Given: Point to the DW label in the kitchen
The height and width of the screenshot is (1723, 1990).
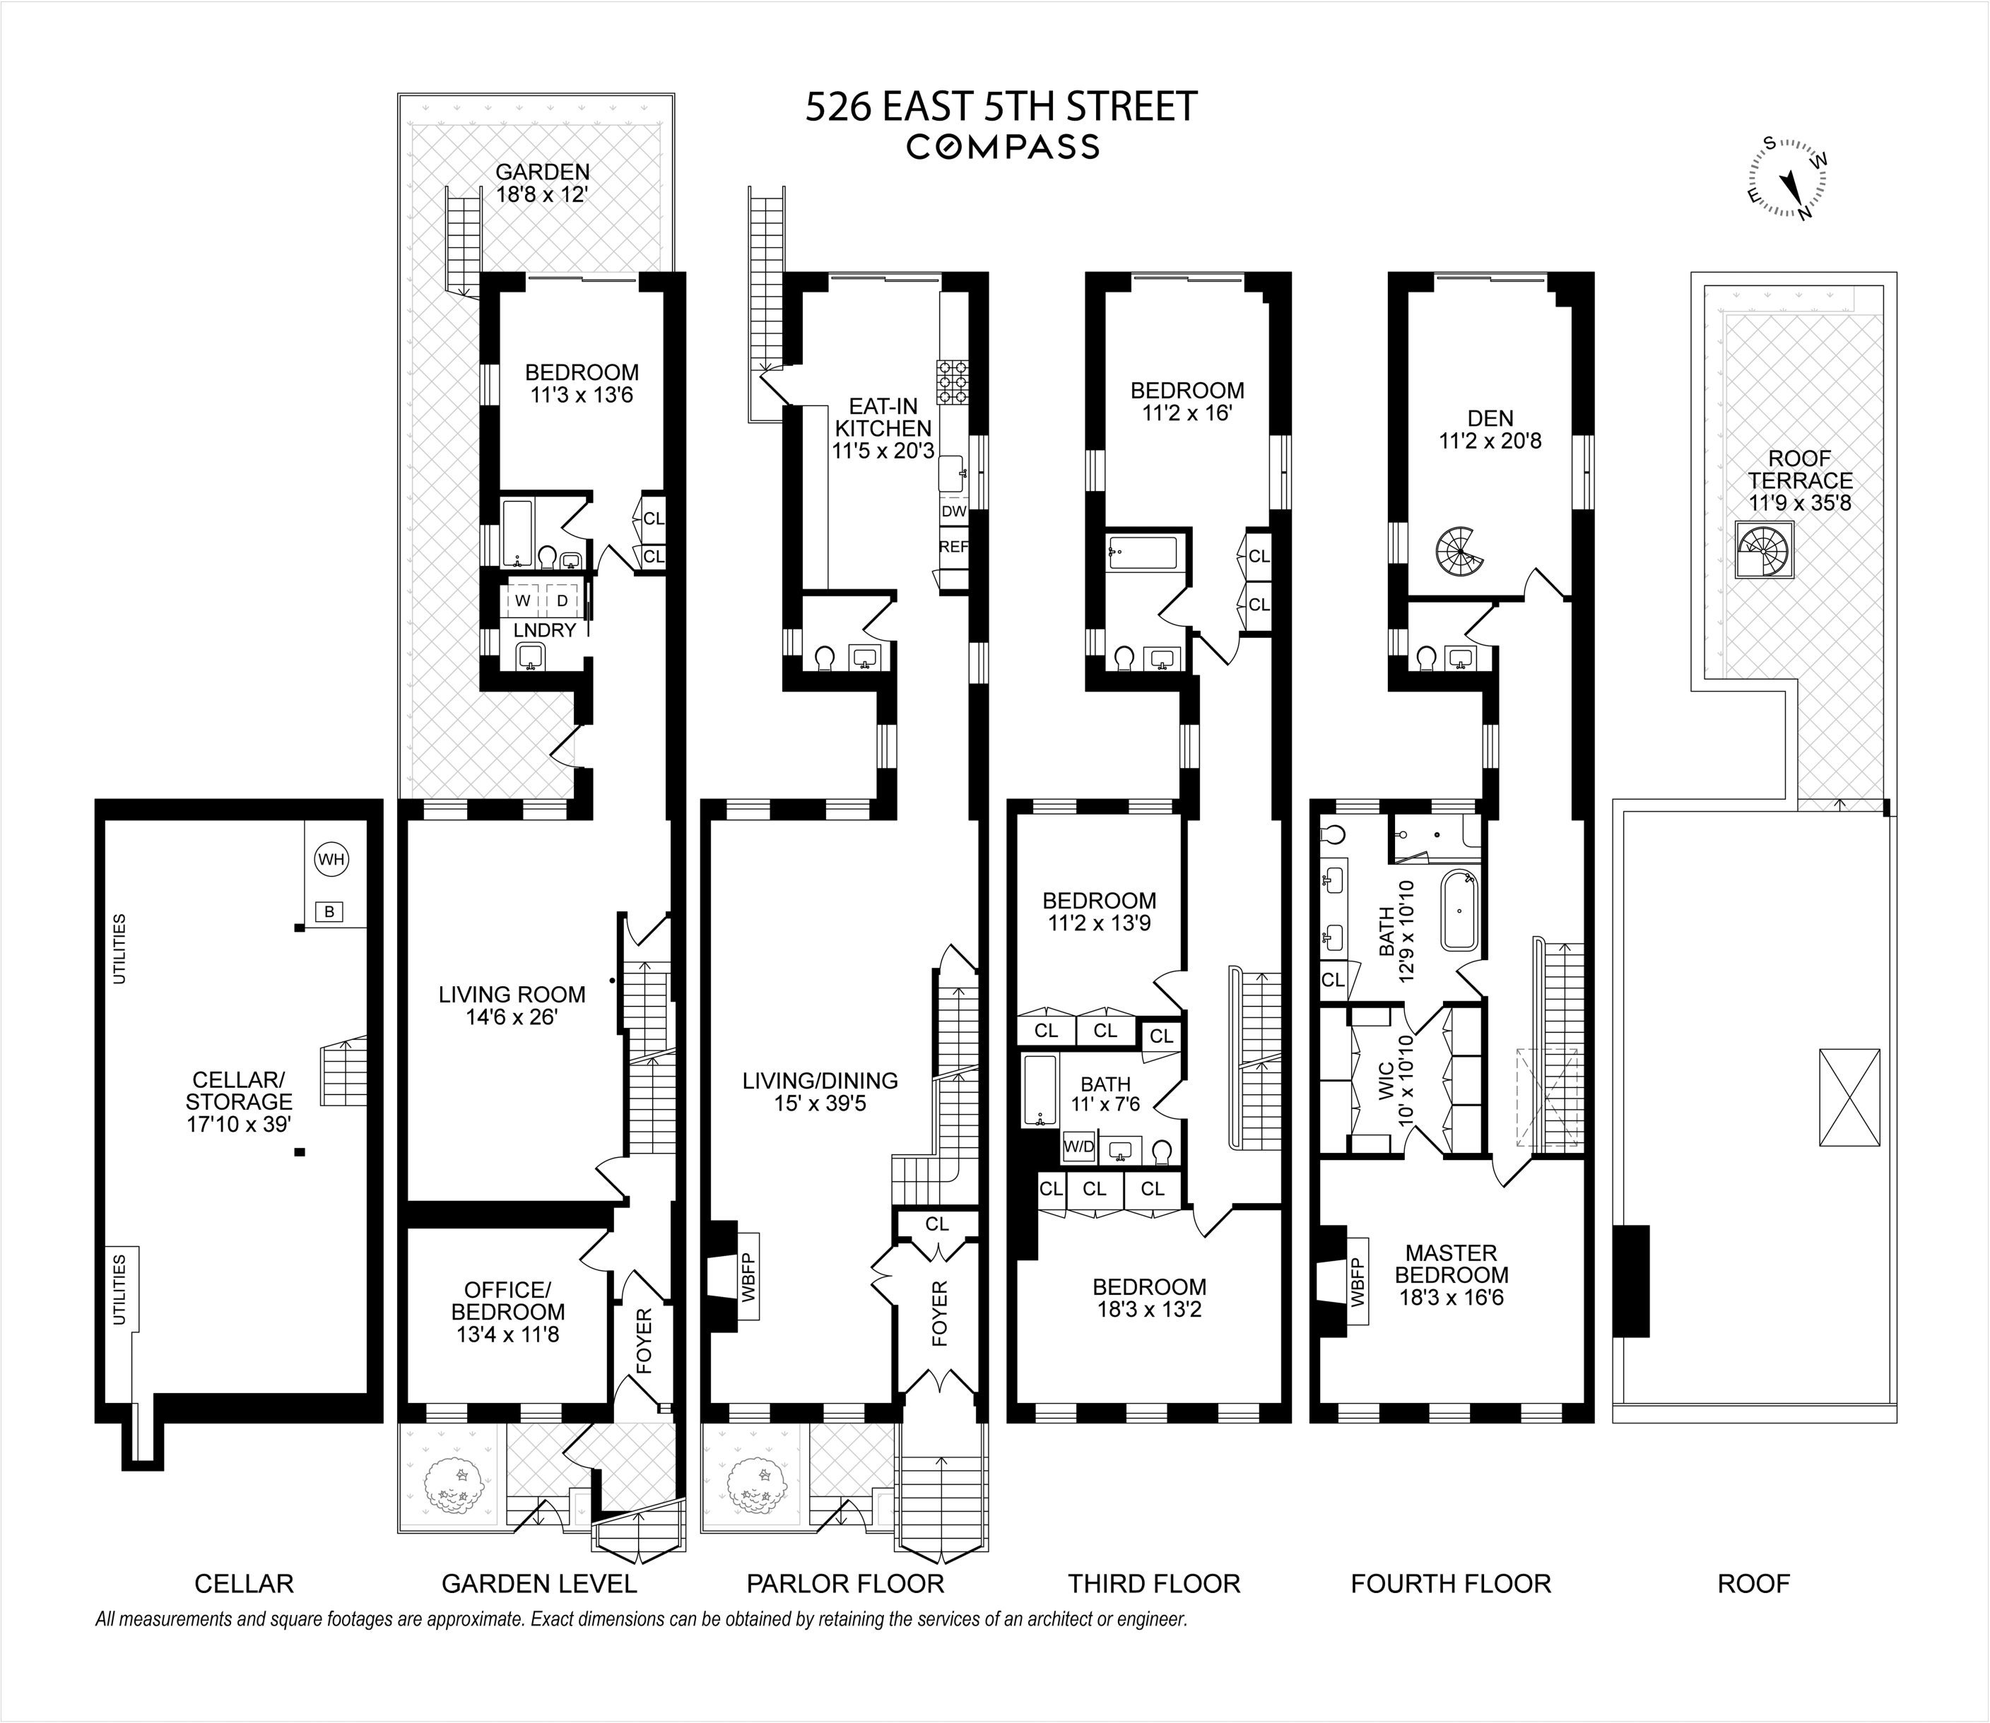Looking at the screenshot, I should point(953,511).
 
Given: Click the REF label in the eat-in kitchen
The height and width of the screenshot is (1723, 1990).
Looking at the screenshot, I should point(953,546).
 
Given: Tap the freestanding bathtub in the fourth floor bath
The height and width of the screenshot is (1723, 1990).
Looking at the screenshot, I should point(1458,910).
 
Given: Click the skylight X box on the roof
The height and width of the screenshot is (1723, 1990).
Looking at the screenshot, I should point(1848,1097).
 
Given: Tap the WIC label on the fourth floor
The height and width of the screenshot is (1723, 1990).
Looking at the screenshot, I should point(1386,1082).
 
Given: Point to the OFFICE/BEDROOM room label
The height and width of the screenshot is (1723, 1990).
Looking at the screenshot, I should point(508,1311).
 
